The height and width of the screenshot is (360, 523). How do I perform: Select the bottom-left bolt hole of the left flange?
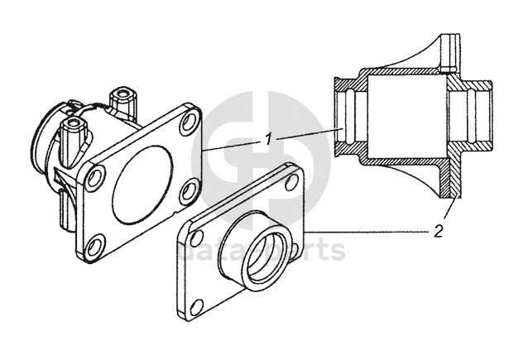point(96,245)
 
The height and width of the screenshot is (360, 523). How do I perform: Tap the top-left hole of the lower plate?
point(197,238)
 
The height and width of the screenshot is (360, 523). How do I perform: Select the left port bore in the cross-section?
point(347,115)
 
